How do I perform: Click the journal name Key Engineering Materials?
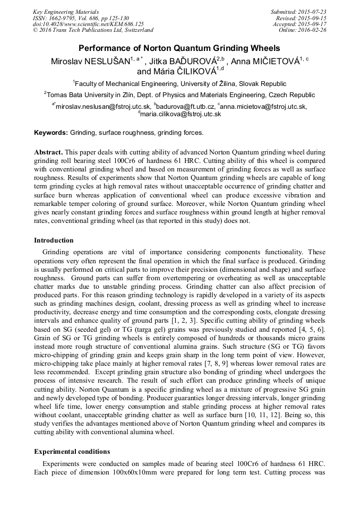(66, 11)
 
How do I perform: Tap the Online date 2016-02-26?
(312, 30)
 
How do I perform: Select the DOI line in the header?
(88, 24)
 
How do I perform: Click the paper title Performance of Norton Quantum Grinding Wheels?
(179, 48)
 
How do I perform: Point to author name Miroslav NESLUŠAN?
(91, 61)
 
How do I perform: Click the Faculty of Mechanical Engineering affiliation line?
(179, 84)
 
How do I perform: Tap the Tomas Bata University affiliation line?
(179, 95)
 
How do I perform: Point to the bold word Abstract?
(49, 152)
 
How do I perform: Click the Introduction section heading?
(54, 240)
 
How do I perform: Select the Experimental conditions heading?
(72, 452)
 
